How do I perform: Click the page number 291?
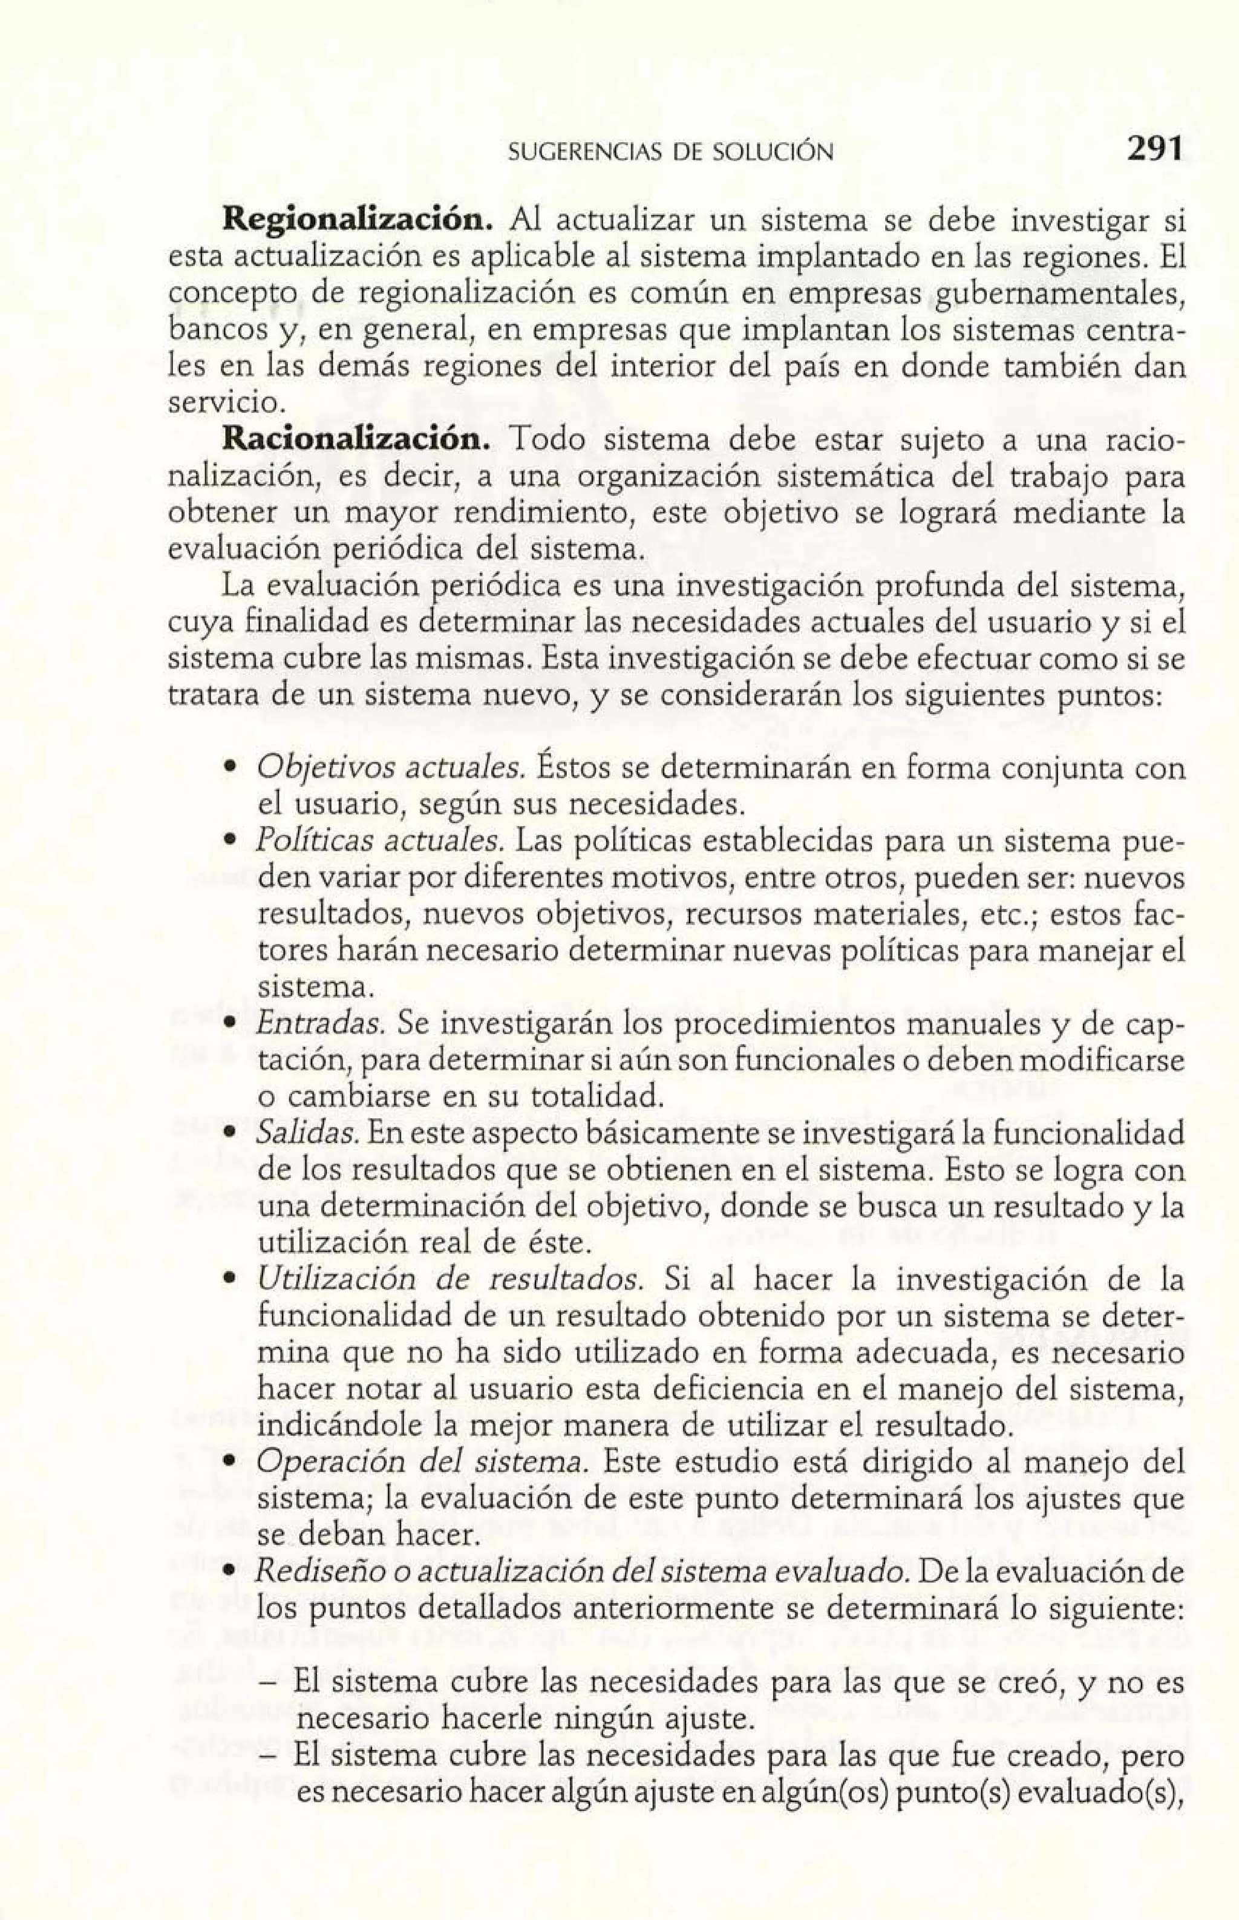(1153, 149)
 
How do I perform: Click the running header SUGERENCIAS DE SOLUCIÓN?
(671, 151)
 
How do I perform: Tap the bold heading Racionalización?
(355, 442)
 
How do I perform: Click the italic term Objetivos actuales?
(391, 768)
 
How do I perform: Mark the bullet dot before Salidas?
(230, 1135)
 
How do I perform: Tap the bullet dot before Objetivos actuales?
(230, 770)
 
